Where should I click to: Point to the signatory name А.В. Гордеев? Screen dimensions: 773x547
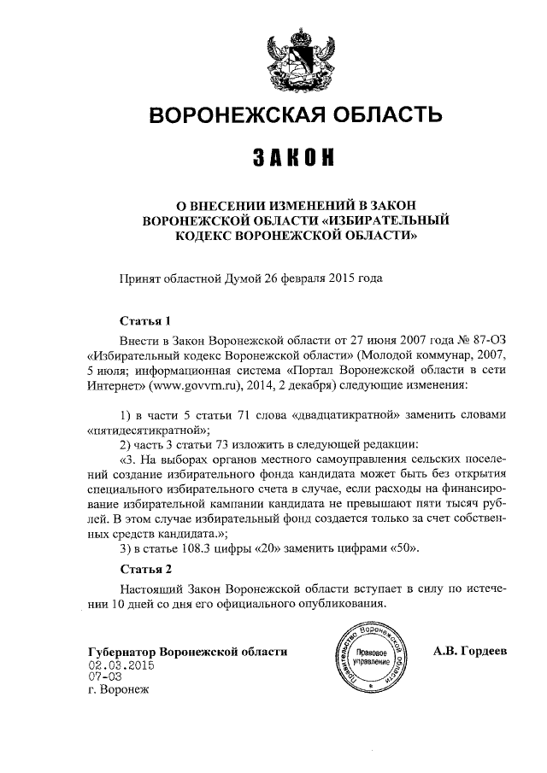471,651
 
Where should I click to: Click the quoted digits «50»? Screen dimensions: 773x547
403,548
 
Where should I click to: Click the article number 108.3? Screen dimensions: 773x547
204,548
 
